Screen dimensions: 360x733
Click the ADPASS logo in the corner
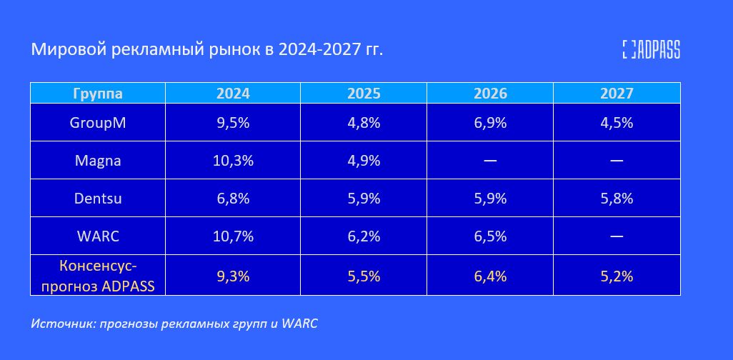tap(651, 49)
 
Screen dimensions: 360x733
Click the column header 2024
tap(233, 94)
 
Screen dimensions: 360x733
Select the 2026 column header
tap(490, 94)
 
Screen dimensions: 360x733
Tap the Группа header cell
tap(98, 94)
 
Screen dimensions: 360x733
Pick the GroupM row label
tap(98, 122)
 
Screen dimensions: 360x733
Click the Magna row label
tap(98, 161)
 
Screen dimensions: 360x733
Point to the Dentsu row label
tap(98, 199)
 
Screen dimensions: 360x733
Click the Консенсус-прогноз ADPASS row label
tap(98, 276)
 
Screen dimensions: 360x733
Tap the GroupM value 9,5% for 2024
tap(233, 122)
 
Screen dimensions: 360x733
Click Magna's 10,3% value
tap(233, 161)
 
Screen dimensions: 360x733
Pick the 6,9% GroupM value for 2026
tap(490, 122)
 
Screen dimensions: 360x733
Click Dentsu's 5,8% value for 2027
tap(617, 199)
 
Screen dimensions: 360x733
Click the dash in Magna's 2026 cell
tap(490, 161)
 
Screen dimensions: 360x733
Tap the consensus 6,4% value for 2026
tap(490, 276)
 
